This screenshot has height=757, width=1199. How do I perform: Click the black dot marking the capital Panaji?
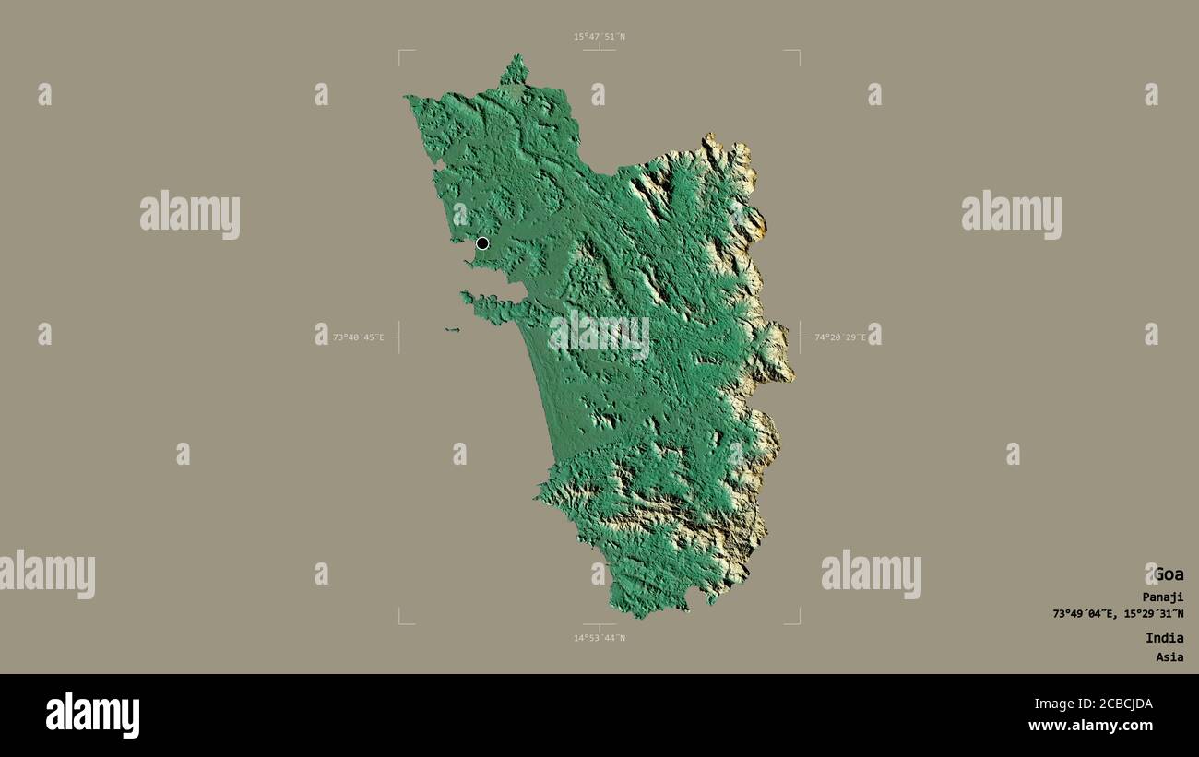pyautogui.click(x=482, y=243)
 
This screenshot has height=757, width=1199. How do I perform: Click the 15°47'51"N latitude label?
pyautogui.click(x=599, y=37)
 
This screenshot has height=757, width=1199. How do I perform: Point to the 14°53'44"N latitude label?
pyautogui.click(x=599, y=638)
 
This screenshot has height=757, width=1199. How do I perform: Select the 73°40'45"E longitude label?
pyautogui.click(x=358, y=337)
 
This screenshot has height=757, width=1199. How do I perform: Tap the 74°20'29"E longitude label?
pyautogui.click(x=839, y=337)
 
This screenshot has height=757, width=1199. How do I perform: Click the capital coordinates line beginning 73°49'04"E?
pyautogui.click(x=1118, y=614)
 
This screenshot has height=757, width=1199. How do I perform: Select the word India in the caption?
pyautogui.click(x=1164, y=638)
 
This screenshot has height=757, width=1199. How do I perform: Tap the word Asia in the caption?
pyautogui.click(x=1169, y=657)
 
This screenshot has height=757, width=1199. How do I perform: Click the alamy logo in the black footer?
pyautogui.click(x=92, y=716)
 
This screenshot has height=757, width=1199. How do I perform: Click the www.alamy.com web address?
pyautogui.click(x=1090, y=726)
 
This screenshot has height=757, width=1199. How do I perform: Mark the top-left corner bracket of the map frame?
pyautogui.click(x=400, y=52)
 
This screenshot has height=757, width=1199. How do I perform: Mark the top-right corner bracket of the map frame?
pyautogui.click(x=798, y=52)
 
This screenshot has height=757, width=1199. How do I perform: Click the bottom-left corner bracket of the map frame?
pyautogui.click(x=400, y=622)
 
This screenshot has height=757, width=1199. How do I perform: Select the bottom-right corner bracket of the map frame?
pyautogui.click(x=798, y=622)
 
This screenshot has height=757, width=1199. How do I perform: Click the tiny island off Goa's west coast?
pyautogui.click(x=451, y=329)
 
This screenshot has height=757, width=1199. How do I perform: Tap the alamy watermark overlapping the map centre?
pyautogui.click(x=599, y=334)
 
